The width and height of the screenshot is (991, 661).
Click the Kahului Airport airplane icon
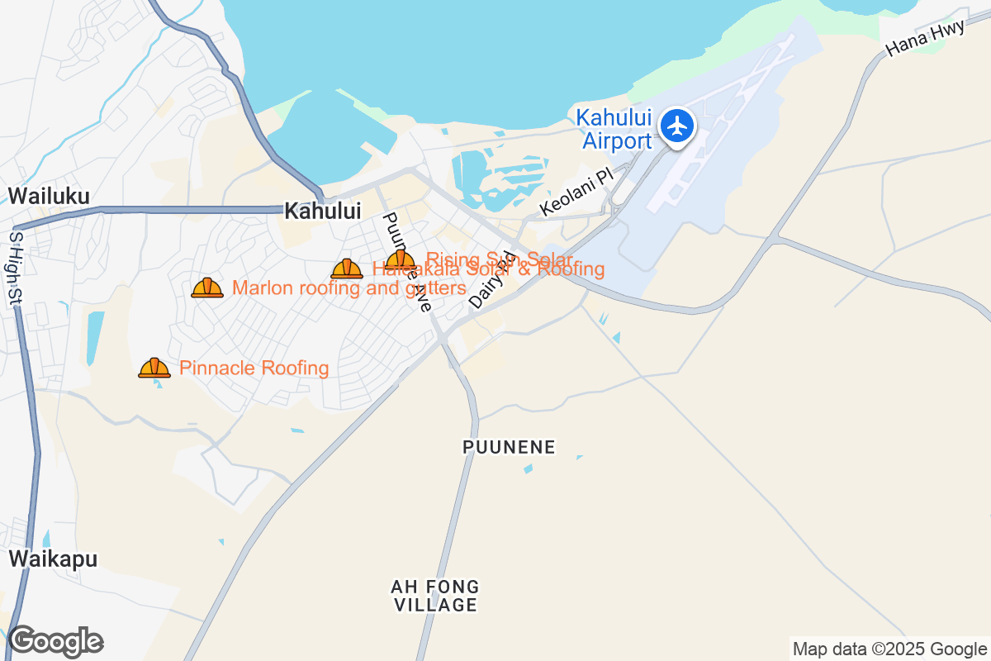click(x=678, y=127)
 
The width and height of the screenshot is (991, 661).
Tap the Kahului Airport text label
click(x=614, y=130)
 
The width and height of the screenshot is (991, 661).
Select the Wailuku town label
click(x=49, y=196)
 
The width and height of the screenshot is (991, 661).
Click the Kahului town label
click(x=322, y=212)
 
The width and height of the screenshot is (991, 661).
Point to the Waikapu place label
click(x=53, y=559)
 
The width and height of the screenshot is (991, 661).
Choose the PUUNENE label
click(x=509, y=448)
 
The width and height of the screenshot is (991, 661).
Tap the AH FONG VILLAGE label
click(x=435, y=596)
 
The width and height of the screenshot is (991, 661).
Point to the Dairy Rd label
click(x=491, y=281)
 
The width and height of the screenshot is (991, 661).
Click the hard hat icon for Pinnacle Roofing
click(x=154, y=369)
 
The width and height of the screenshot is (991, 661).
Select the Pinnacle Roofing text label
click(x=254, y=369)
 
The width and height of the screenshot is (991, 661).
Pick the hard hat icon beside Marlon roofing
click(x=207, y=288)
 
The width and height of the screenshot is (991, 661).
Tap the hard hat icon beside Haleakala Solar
click(x=347, y=269)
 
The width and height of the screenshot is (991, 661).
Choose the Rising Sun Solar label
click(x=500, y=259)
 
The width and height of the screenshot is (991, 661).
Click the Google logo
click(x=55, y=642)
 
